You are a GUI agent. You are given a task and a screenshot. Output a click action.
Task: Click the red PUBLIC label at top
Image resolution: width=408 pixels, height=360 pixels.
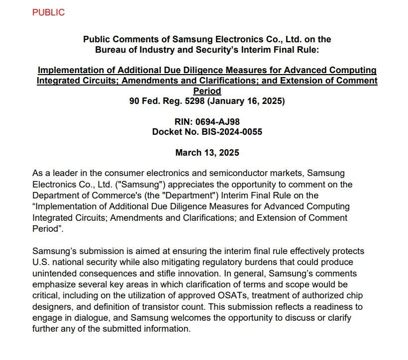coord(48,12)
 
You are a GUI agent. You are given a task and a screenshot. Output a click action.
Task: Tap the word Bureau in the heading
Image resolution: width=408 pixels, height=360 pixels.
coord(110,49)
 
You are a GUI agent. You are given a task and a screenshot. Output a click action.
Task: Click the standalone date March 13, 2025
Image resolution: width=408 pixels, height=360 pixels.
coord(207,152)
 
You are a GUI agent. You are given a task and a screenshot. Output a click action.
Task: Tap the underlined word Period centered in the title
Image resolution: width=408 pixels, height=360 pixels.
coord(207,91)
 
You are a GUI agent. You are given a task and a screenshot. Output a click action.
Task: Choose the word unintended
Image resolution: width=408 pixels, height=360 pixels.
coord(53,273)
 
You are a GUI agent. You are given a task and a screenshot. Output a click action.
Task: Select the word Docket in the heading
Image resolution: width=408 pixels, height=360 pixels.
coord(167,132)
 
